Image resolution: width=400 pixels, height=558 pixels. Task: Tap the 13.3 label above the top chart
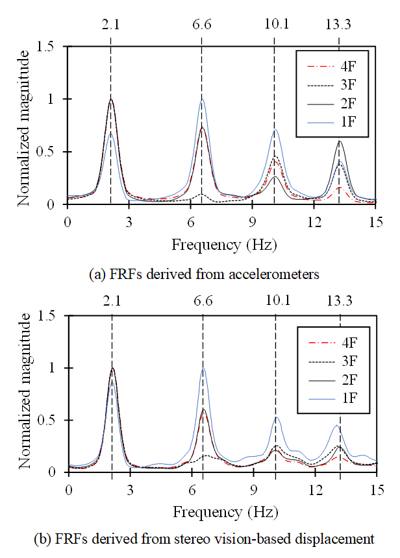pos(338,26)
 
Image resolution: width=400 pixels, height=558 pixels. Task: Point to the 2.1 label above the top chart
pos(110,26)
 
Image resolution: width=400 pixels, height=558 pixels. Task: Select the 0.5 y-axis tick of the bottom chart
pos(51,420)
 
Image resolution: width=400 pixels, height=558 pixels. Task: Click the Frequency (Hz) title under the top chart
pos(223,245)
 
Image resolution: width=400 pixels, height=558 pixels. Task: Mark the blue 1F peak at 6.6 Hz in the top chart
pos(202,99)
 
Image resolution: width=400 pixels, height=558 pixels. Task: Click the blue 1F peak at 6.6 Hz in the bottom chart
pos(203,369)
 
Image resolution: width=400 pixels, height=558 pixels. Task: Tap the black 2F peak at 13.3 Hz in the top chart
pos(338,141)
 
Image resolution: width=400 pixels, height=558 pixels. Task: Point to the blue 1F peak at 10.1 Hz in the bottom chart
pos(276,417)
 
